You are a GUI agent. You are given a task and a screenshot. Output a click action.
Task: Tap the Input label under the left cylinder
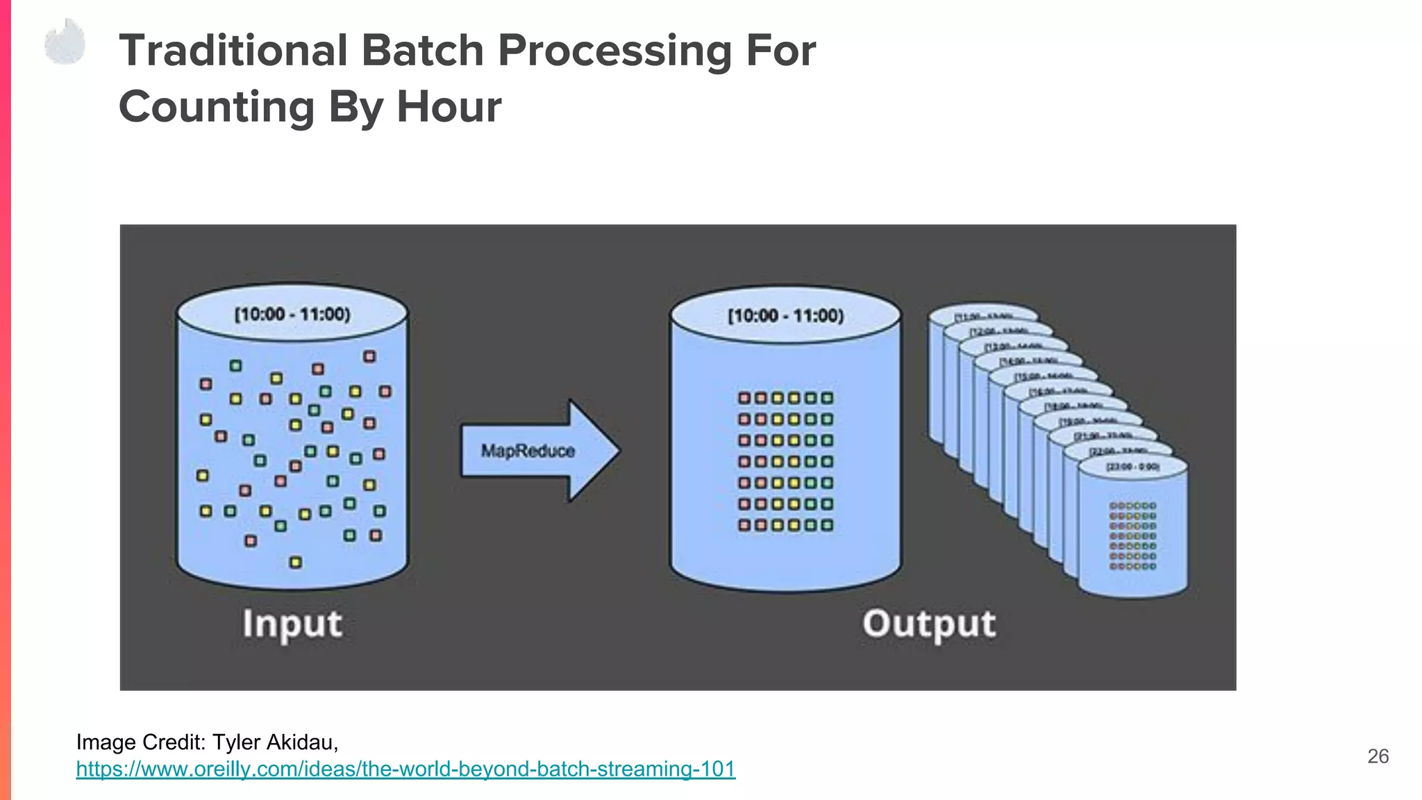292,624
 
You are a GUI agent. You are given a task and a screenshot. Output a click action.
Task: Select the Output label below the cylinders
928,624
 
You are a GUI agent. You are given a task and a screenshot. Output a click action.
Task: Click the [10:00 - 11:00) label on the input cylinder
292,315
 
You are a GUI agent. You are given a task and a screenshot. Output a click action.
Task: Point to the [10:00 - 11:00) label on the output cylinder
785,316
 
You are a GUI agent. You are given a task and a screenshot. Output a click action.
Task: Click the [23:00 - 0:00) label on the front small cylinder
1132,467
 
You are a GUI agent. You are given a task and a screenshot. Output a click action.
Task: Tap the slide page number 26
1378,756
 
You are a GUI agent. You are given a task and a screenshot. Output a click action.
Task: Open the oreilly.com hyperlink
405,769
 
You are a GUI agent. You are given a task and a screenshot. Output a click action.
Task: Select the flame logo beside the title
65,43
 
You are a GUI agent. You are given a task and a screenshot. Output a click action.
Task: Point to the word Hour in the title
449,107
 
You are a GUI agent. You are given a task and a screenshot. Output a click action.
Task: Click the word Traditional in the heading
233,51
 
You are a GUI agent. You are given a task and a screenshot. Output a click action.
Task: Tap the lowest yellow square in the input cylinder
296,562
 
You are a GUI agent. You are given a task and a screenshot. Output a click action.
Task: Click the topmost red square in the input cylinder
369,356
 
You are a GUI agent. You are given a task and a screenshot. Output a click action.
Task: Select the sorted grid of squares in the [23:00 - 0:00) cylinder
1132,536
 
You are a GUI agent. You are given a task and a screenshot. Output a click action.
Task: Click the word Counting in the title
217,107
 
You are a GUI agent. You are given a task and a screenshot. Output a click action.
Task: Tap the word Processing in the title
614,51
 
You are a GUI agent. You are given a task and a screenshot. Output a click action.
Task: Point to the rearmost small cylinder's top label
983,317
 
